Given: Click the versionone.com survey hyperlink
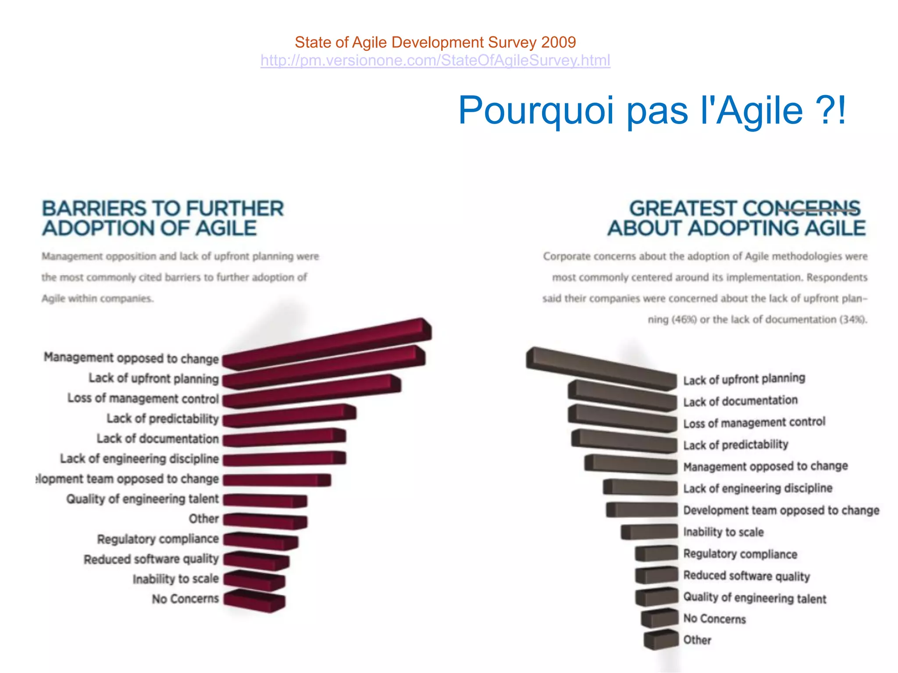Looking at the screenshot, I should click(x=435, y=60).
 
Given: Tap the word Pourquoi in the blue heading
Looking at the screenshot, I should click(x=535, y=110).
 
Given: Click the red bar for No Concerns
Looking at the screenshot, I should click(x=254, y=600).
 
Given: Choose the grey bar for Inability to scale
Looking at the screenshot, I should click(x=649, y=531).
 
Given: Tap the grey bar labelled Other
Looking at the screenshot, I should click(x=661, y=639).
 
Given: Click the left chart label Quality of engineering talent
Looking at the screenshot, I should click(x=142, y=499).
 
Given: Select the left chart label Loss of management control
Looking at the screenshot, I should click(x=143, y=398).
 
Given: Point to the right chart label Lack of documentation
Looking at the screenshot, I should click(x=740, y=401).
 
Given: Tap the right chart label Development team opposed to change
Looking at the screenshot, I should click(x=781, y=510).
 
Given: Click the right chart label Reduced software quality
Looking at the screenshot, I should click(x=746, y=576).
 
